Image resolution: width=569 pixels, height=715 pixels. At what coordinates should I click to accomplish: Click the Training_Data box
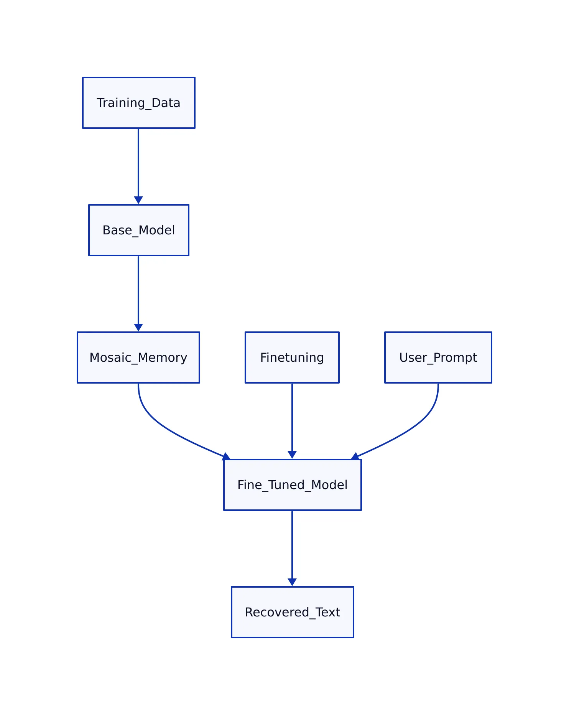(138, 103)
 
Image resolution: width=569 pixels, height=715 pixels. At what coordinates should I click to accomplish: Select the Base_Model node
(138, 230)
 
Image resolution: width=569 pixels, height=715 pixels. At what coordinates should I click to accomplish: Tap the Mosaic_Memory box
(138, 357)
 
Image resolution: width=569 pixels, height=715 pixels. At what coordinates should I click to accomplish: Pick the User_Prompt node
(438, 357)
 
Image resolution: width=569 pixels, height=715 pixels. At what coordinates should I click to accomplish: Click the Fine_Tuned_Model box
(292, 485)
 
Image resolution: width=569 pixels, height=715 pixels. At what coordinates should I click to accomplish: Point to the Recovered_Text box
(292, 612)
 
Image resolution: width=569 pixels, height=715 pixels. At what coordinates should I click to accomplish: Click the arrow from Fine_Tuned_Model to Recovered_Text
(292, 545)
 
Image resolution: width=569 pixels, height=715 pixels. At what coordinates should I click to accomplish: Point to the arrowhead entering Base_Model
(138, 200)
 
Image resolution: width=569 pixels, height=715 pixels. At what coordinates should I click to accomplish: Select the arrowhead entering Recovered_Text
(292, 582)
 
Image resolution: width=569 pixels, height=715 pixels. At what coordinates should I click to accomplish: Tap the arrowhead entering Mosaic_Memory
(138, 328)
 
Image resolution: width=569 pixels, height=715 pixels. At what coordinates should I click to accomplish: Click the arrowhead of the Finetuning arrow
(292, 455)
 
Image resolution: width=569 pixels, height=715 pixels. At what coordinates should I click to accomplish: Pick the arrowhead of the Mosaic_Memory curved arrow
(227, 456)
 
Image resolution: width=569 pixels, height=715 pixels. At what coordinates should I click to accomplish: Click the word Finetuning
(292, 357)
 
